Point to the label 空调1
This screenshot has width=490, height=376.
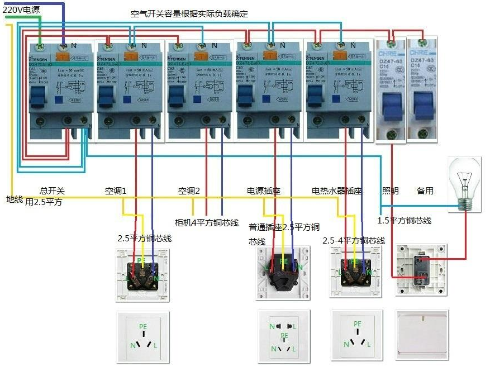116,191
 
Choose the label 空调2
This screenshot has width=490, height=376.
189,191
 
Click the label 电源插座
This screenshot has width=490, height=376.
263,191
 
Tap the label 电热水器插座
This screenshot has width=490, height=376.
336,191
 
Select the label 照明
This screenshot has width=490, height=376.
390,191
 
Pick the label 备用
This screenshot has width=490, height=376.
425,191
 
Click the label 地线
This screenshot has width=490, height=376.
15,199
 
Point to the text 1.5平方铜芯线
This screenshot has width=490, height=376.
405,221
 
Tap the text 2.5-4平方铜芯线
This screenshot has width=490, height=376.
354,241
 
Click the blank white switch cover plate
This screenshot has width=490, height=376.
421,335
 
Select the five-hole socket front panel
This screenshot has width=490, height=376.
284,335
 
